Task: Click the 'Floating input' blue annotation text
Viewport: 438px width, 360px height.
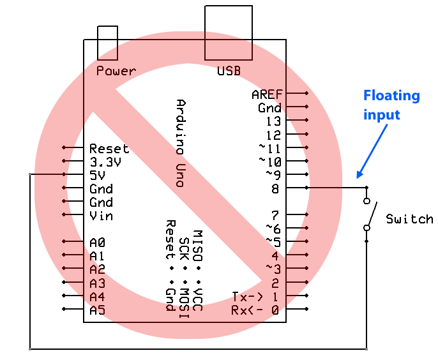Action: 391,105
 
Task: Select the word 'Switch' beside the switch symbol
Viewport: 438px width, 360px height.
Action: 409,219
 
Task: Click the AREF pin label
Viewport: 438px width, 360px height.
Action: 267,94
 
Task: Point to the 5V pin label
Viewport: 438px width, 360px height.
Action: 98,175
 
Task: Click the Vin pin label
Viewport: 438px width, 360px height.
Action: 101,215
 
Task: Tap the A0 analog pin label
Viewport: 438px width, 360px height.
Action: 97,243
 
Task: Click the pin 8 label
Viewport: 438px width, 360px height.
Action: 275,188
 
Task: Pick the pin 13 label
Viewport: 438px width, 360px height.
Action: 273,121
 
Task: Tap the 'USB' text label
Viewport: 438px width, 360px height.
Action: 229,71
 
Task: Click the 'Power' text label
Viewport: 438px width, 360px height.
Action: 116,71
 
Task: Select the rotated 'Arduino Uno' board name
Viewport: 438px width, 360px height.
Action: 181,143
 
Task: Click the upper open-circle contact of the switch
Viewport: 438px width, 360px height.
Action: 366,200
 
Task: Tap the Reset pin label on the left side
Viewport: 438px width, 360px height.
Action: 109,149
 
